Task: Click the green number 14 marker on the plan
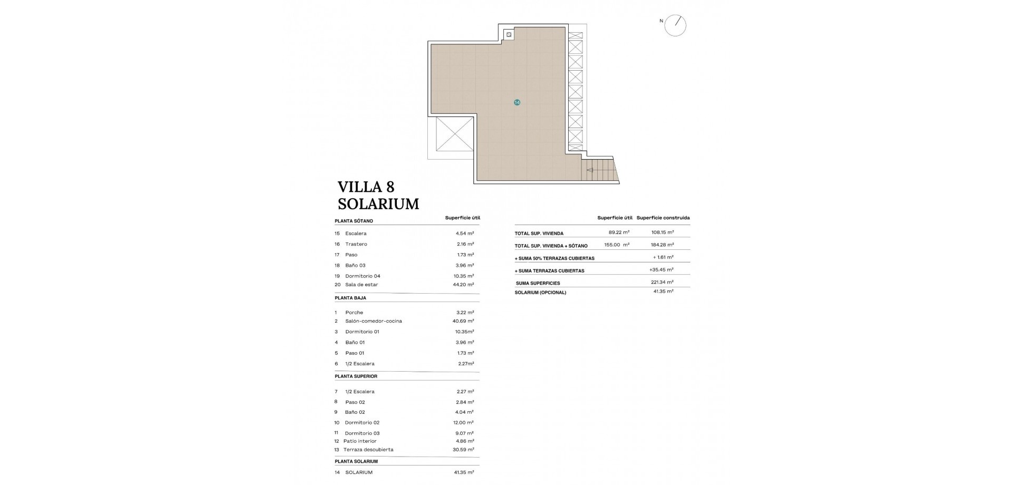point(517,102)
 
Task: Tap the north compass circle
point(675,25)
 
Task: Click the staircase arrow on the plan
point(590,170)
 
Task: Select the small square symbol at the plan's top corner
point(509,35)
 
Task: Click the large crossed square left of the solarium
point(455,134)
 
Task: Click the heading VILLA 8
point(366,187)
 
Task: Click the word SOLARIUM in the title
point(378,204)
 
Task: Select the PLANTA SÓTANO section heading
point(353,221)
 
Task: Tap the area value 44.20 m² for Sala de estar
point(464,285)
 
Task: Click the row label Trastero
point(356,244)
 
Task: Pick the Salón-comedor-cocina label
point(374,321)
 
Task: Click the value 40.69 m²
point(464,321)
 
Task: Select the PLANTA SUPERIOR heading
point(356,376)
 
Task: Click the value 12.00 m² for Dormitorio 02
point(464,423)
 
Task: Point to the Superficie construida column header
point(663,218)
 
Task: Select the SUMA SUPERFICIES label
point(538,284)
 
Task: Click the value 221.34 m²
point(662,283)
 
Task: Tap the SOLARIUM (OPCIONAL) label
point(540,293)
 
